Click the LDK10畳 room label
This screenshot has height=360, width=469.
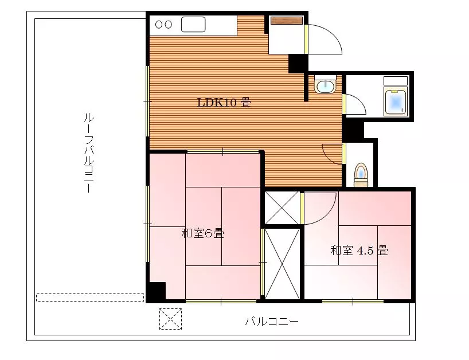tap(224, 103)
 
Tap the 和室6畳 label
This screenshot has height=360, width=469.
tap(203, 233)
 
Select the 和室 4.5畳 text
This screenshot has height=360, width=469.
tap(359, 251)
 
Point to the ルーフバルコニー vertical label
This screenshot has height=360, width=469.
tap(88, 152)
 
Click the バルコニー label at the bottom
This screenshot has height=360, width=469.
tap(272, 322)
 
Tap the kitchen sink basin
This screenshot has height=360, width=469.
tap(193, 24)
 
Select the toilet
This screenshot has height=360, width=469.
tap(361, 175)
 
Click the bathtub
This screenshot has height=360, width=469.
tap(396, 102)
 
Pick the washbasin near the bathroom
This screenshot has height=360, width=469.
tap(325, 85)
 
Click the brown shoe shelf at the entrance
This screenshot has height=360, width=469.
tap(287, 20)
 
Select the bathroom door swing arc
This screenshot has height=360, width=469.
tap(359, 101)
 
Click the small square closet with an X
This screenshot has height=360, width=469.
tap(282, 208)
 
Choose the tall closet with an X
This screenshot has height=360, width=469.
tap(282, 264)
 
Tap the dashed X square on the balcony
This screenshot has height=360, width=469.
tap(170, 319)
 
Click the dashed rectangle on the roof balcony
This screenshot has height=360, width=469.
tap(90, 298)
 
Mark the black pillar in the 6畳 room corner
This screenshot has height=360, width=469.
tap(157, 291)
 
